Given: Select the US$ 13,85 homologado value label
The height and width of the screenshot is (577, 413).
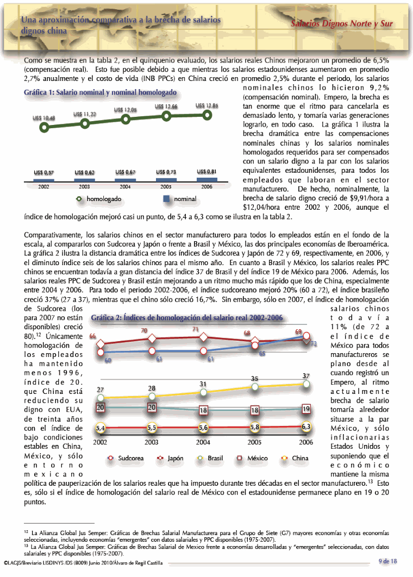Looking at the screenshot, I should [x=206, y=106].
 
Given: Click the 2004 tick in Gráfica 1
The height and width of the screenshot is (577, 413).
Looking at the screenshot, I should [x=125, y=186].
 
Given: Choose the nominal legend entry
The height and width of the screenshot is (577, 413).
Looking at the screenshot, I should [x=180, y=199].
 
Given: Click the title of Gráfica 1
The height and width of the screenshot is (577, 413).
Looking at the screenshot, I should [x=100, y=92].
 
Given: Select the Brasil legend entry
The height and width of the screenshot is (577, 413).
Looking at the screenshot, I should [x=211, y=459].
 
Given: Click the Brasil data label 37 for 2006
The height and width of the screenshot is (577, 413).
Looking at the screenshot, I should [x=306, y=375].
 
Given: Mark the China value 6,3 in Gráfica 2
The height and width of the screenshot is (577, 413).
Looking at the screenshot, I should [x=306, y=427].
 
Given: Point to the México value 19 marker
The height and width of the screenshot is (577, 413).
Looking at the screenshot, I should [x=306, y=408].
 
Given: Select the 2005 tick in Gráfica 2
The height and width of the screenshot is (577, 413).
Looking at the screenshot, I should [x=254, y=442].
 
